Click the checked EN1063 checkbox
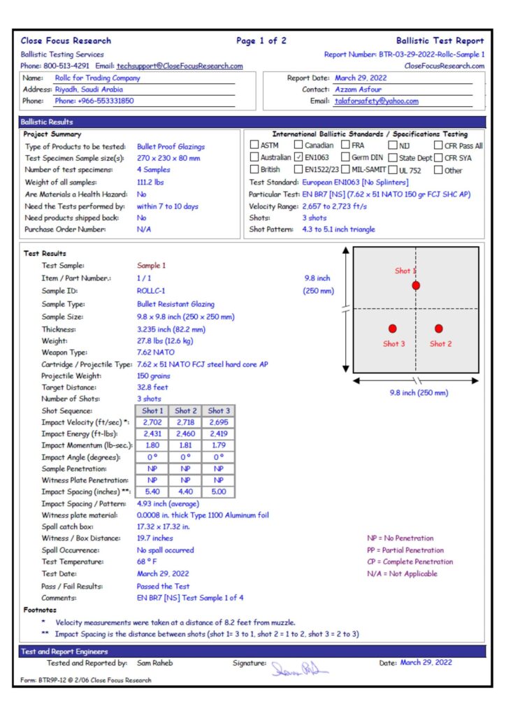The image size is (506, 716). pyautogui.click(x=298, y=157)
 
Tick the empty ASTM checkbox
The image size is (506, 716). pyautogui.click(x=254, y=145)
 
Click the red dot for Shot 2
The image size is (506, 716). pyautogui.click(x=439, y=328)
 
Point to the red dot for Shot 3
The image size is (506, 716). pyautogui.click(x=392, y=328)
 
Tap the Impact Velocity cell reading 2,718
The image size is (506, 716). pyautogui.click(x=186, y=423)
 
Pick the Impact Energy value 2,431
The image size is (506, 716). pyautogui.click(x=152, y=434)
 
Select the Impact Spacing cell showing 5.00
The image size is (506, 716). pyautogui.click(x=218, y=492)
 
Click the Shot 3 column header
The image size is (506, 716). pyautogui.click(x=218, y=411)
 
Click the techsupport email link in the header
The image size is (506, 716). pyautogui.click(x=180, y=66)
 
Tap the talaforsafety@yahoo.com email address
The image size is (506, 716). pyautogui.click(x=377, y=101)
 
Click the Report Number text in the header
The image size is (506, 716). pyautogui.click(x=404, y=54)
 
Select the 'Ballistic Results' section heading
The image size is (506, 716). pyautogui.click(x=47, y=122)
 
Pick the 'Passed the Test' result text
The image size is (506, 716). pyautogui.click(x=163, y=586)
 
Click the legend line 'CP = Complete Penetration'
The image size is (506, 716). pyautogui.click(x=410, y=561)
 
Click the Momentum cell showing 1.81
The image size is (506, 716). pyautogui.click(x=186, y=446)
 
